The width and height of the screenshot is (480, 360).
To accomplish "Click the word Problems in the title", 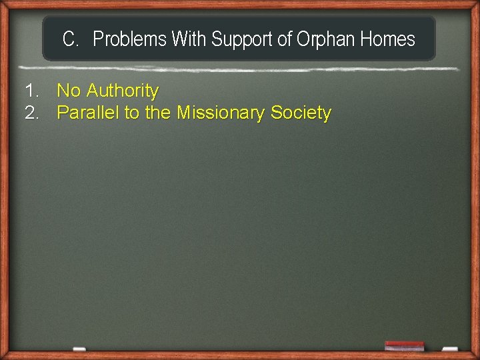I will coord(129,40).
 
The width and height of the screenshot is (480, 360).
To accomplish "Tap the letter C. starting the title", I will coord(71,40).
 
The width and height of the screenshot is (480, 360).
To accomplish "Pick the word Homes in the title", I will coord(387,40).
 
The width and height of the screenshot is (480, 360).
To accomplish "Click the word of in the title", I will coord(285,40).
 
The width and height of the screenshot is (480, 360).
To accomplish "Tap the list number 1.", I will coord(31,91).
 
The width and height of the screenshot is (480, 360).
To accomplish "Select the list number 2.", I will coord(31,113).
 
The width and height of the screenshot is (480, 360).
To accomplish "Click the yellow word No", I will coord(69,91).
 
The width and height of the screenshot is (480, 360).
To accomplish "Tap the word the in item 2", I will coord(158,113).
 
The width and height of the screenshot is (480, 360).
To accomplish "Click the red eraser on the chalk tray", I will coord(404,345).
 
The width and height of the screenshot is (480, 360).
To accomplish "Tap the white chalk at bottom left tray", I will coord(79,349).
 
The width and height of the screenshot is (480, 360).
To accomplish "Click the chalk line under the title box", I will coord(240,68).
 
